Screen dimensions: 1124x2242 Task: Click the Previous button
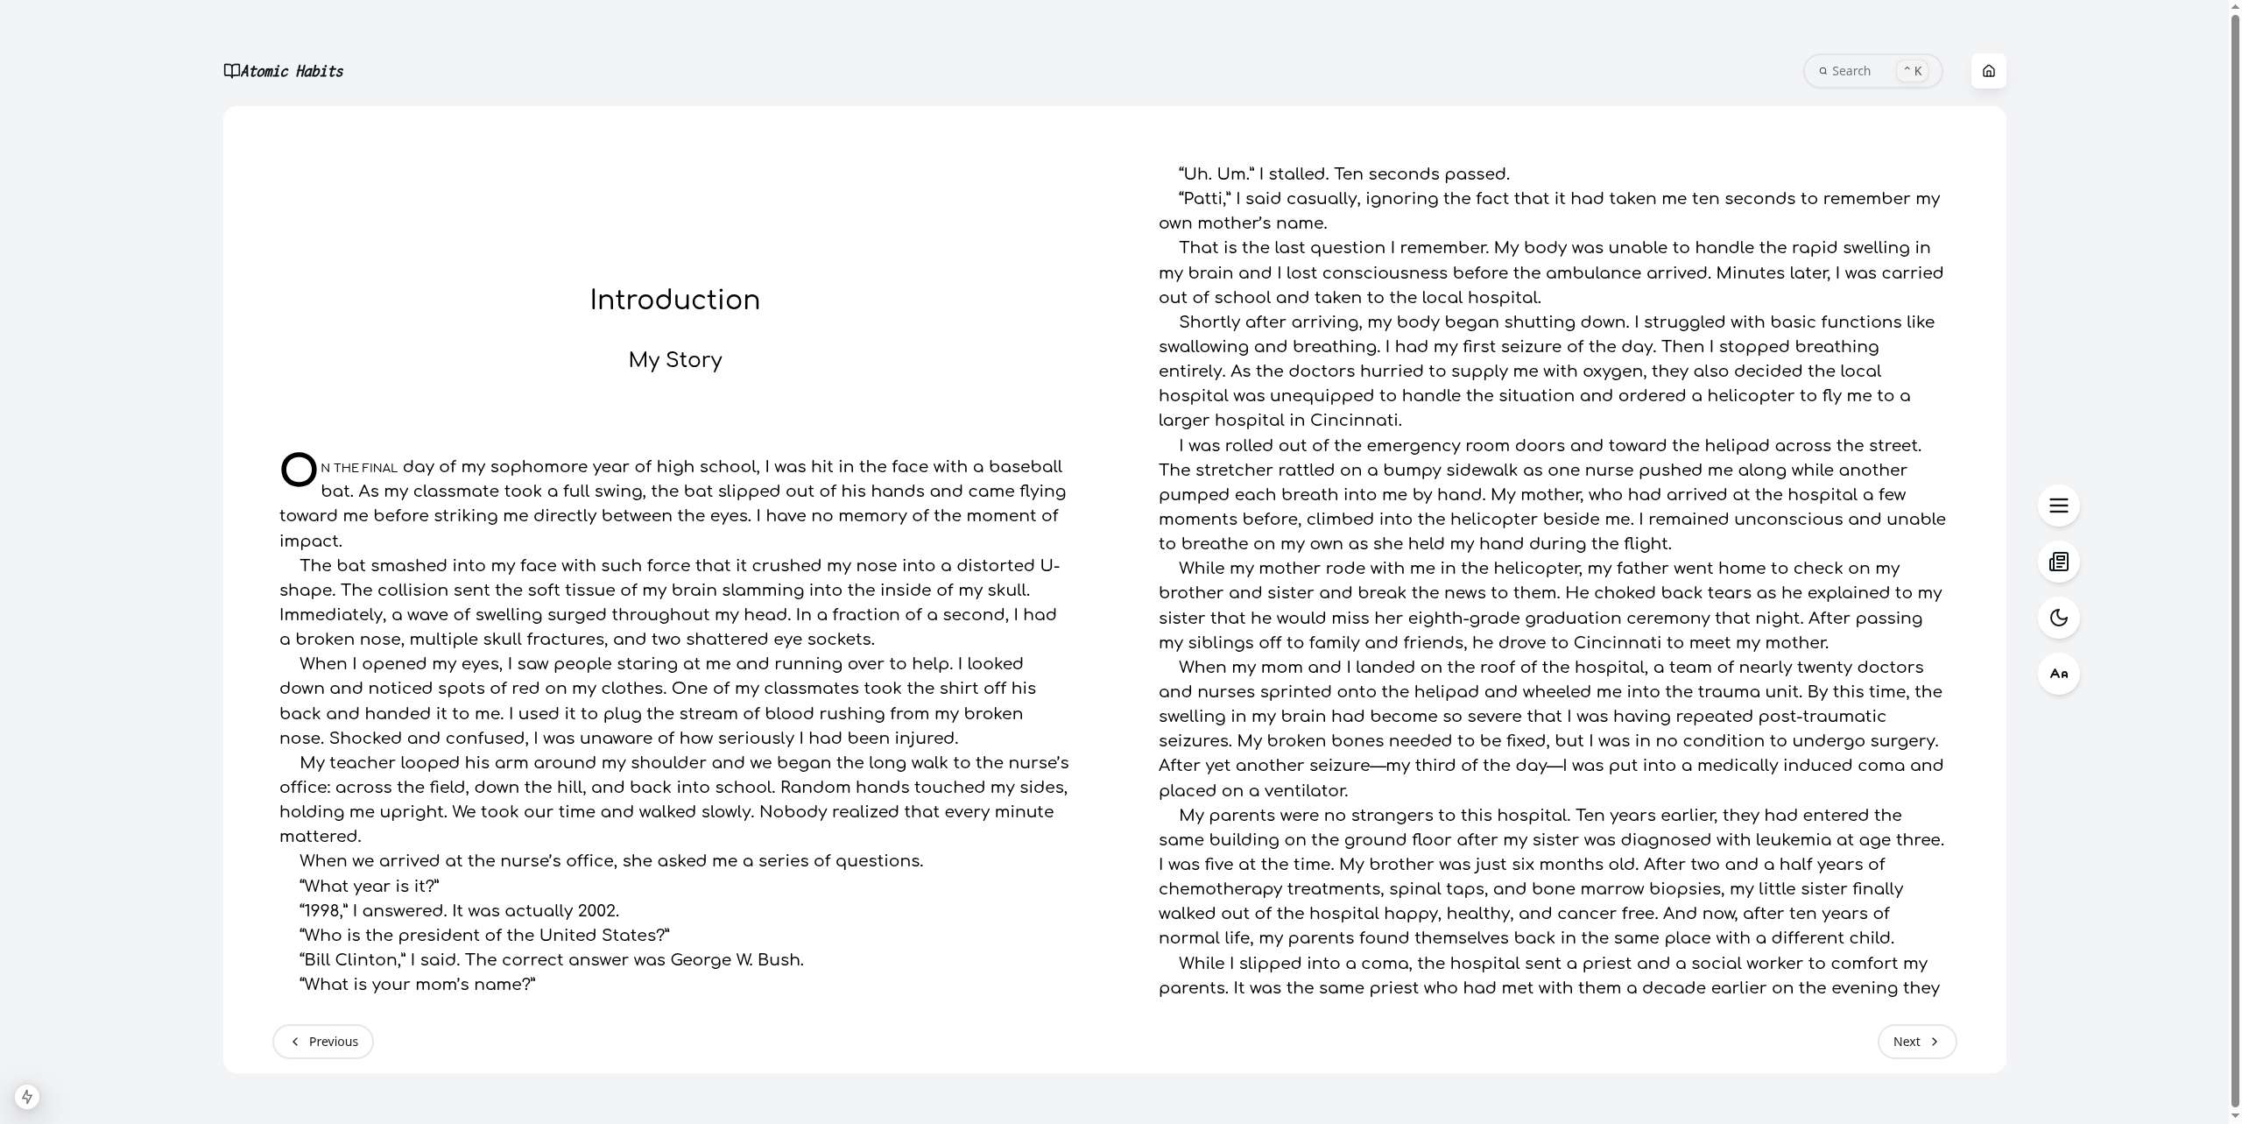322,1042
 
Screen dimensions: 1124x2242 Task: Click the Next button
1916,1042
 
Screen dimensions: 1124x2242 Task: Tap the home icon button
1988,71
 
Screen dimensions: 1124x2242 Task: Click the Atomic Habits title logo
284,71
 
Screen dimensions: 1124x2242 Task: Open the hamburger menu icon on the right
2058,505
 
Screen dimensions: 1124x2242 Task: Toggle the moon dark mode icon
2058,618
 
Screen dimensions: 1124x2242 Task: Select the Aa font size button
2058,674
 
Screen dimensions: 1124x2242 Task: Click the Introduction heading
674,300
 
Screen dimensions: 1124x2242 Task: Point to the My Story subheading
674,360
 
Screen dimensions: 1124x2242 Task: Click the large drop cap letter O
299,470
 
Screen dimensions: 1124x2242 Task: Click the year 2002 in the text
597,911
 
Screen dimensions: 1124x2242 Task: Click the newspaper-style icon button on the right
2058,562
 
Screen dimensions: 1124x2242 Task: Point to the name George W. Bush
736,960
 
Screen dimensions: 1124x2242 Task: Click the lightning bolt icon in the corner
27,1097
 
